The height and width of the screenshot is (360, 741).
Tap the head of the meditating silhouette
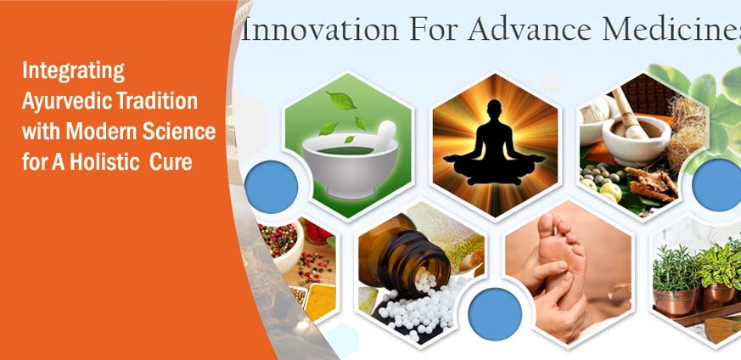pyautogui.click(x=494, y=108)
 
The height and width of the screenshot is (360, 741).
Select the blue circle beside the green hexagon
pyautogui.click(x=272, y=187)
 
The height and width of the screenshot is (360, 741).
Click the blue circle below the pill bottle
pyautogui.click(x=495, y=314)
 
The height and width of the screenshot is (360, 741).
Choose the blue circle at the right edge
pyautogui.click(x=717, y=185)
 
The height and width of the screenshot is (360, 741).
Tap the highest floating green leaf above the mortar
pyautogui.click(x=341, y=100)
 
